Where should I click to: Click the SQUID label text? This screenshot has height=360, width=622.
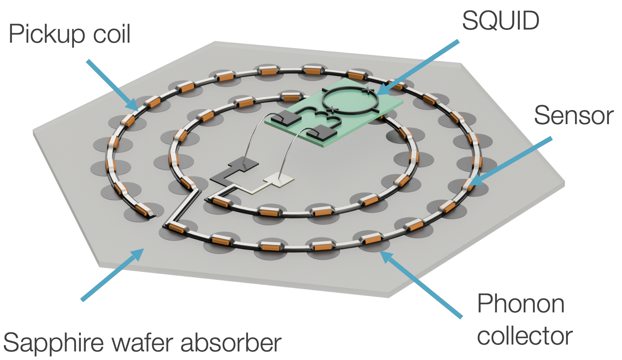point(500,20)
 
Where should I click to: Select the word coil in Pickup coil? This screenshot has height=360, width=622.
point(112,34)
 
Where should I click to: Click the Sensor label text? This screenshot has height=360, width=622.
point(573,115)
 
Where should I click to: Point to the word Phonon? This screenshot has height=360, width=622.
point(521,304)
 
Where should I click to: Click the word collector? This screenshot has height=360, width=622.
point(524,336)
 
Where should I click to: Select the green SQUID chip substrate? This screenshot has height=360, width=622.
point(378,115)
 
